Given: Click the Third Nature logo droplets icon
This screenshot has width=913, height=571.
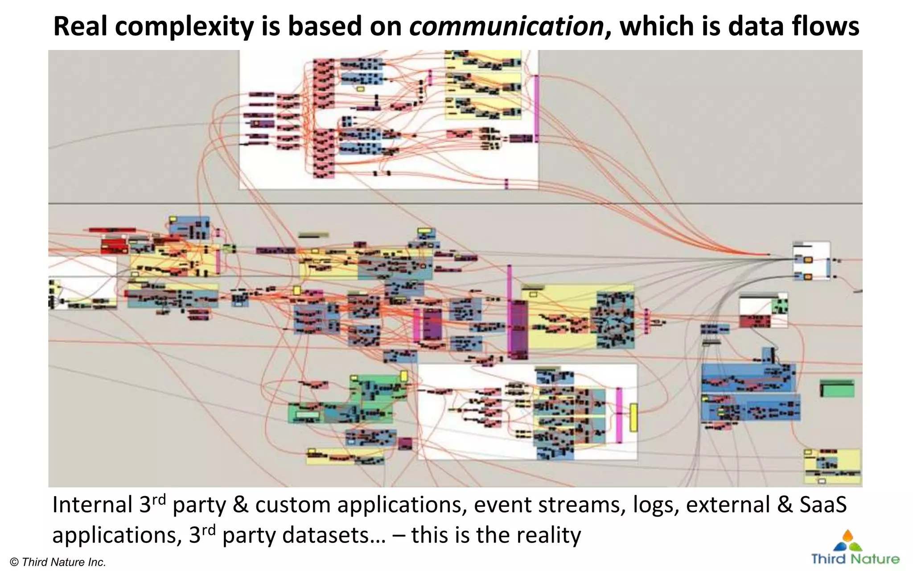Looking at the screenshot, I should pos(847,541).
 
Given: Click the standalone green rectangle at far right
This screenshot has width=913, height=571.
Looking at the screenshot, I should pos(837,389).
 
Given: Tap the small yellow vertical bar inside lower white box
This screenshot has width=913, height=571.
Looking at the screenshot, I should pos(633,418).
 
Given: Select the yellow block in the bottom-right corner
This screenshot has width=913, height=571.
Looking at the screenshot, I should pos(832,466).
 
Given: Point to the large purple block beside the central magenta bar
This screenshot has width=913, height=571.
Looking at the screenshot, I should pos(518,329).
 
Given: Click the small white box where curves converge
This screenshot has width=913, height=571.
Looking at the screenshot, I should pos(811,261).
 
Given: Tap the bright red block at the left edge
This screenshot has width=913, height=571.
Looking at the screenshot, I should pos(114,245).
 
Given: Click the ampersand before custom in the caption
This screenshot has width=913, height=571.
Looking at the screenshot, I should pos(240,505).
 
